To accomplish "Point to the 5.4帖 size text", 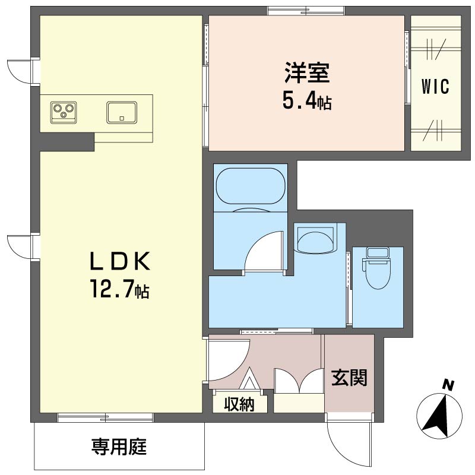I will click(x=306, y=102).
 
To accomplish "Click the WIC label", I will click(x=435, y=87).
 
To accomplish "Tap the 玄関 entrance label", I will click(x=349, y=377).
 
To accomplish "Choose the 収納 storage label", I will click(x=239, y=404).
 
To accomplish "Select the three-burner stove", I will click(x=64, y=111).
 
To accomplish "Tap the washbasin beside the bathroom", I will click(x=315, y=239).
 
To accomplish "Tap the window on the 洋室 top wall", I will click(x=305, y=10).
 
